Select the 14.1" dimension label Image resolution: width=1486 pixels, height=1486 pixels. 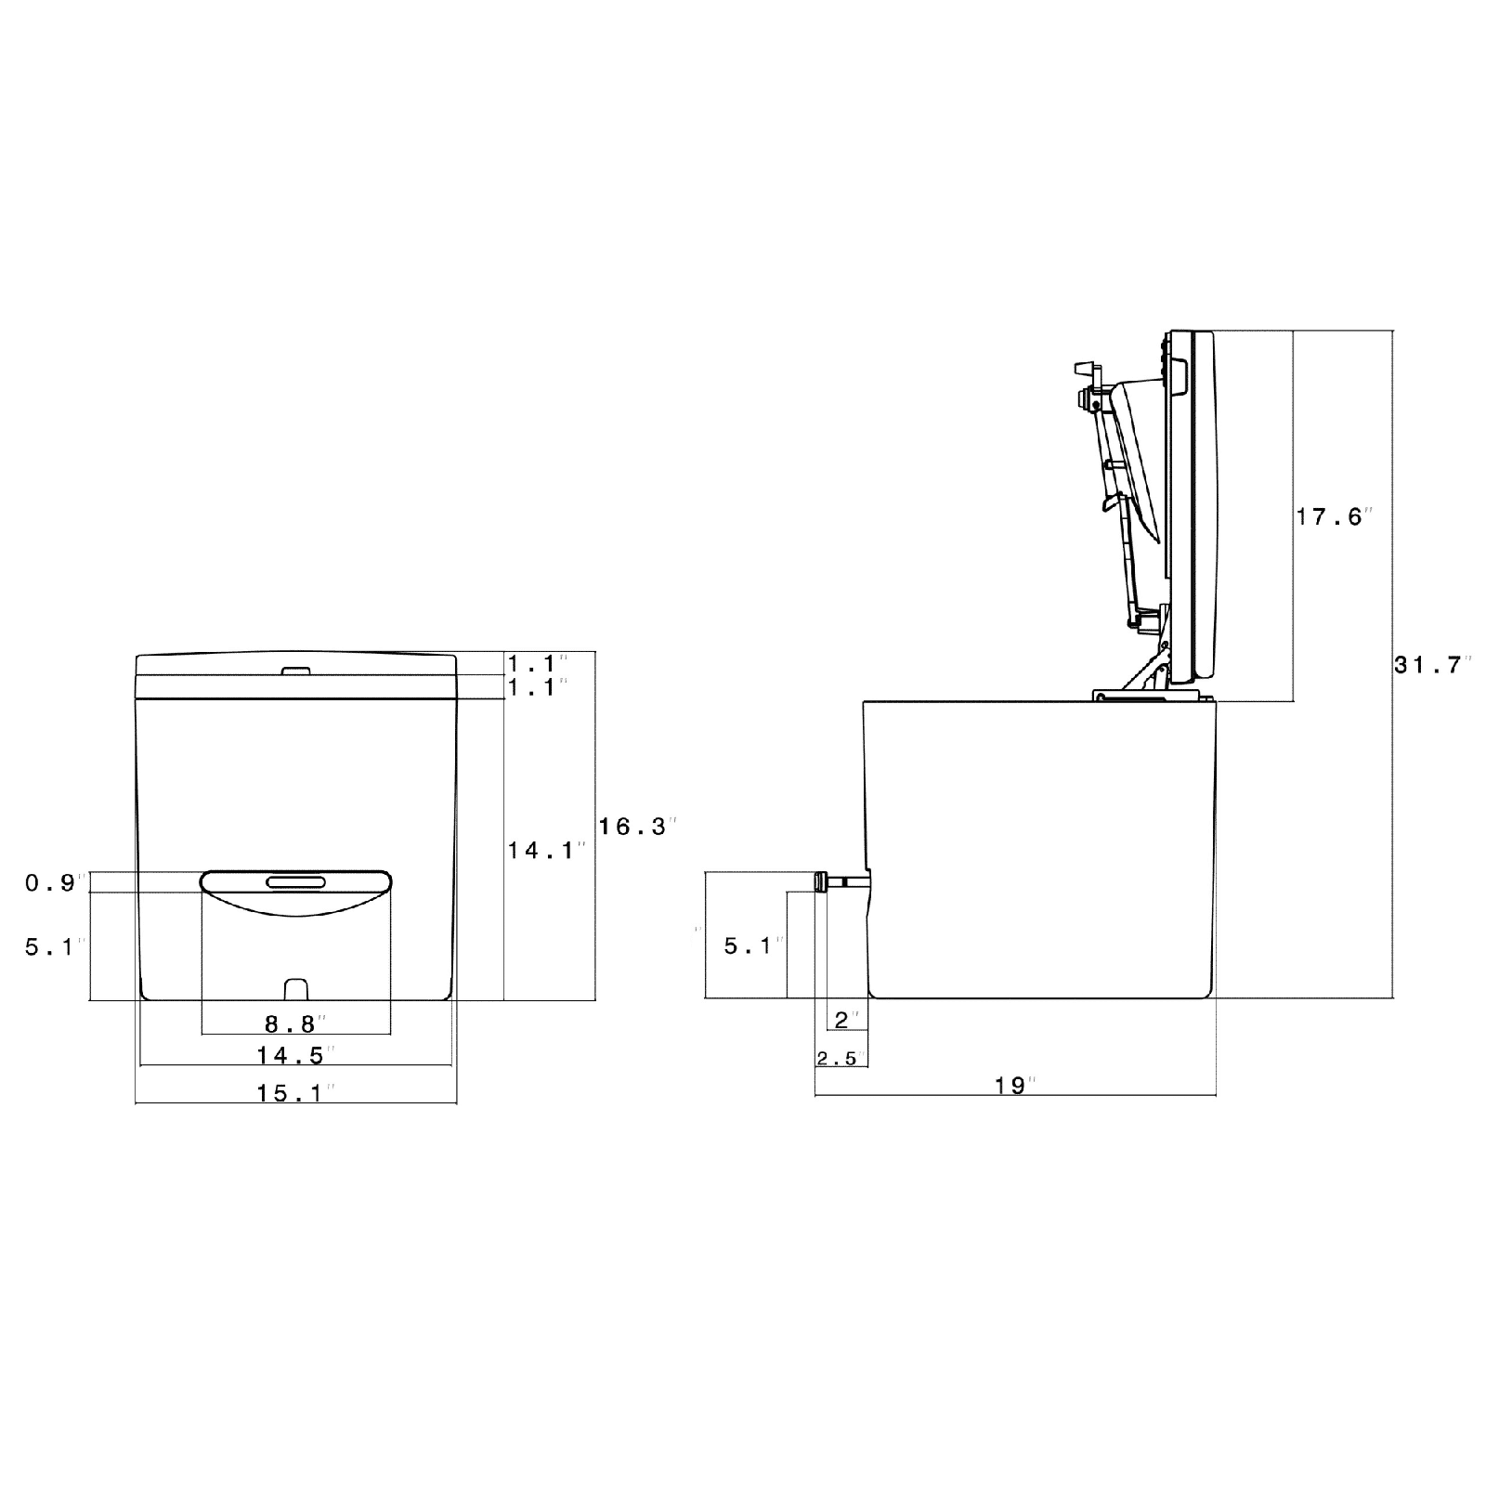click(x=545, y=849)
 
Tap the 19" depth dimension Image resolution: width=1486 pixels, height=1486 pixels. click(x=1014, y=1085)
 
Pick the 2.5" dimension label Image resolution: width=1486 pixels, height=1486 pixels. click(x=839, y=1058)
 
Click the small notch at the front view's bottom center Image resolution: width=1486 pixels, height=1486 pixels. click(x=295, y=987)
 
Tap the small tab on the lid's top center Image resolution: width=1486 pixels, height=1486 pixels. click(x=295, y=670)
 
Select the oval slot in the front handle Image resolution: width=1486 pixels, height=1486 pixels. click(x=295, y=882)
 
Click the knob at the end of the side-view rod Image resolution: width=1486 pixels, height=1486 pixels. click(x=821, y=881)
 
